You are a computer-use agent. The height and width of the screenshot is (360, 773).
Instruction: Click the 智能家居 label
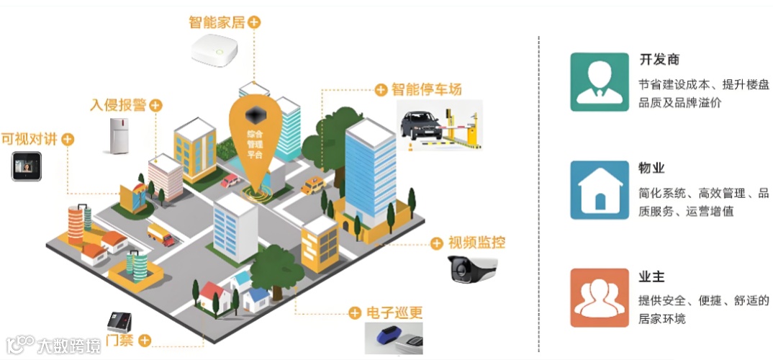(217, 22)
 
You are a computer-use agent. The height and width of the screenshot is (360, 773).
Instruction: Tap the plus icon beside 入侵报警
(155, 106)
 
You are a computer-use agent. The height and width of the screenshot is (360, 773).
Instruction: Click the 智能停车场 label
(426, 89)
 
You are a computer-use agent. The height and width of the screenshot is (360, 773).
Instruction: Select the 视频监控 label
(476, 243)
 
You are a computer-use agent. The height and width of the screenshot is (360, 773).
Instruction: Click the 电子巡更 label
(394, 313)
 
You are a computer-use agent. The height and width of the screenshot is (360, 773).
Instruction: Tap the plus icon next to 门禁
(145, 340)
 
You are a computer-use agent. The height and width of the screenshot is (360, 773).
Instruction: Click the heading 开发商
(659, 60)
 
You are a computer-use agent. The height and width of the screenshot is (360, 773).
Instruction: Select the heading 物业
(651, 168)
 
